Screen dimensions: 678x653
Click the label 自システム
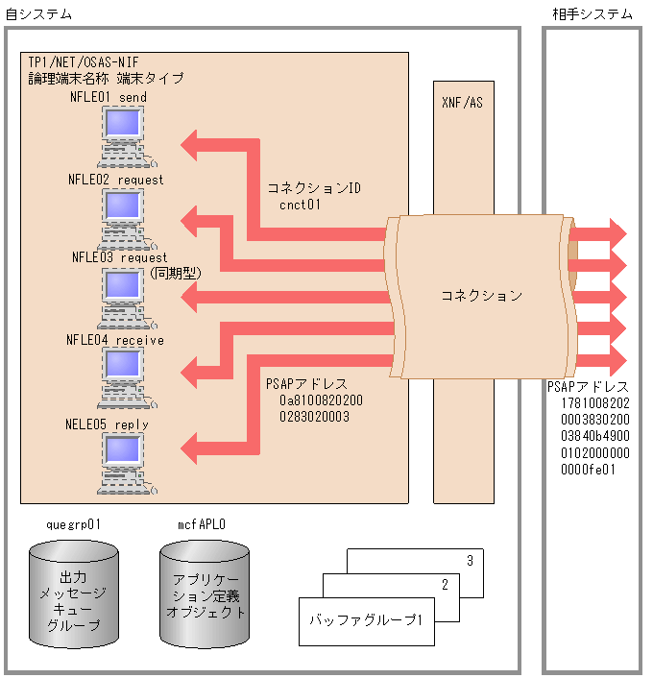(38, 13)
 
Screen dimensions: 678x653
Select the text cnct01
(300, 205)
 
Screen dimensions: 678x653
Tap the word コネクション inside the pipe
(481, 295)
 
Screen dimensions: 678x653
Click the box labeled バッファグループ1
(366, 620)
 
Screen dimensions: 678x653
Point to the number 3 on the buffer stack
(470, 560)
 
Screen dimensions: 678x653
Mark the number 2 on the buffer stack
(445, 585)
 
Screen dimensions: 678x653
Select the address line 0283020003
(314, 417)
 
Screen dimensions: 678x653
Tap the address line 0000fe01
(588, 470)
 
